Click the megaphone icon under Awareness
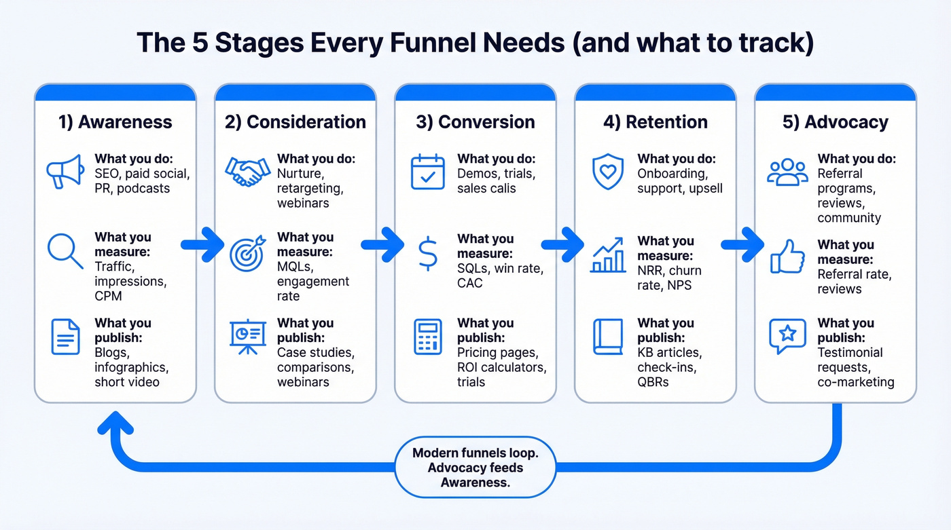click(x=65, y=172)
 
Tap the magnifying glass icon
click(x=65, y=250)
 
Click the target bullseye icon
click(x=246, y=254)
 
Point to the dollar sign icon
click(x=427, y=254)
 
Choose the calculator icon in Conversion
click(x=427, y=337)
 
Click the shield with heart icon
click(x=608, y=171)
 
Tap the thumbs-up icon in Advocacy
click(x=787, y=257)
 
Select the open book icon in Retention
click(x=608, y=337)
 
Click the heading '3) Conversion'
click(x=475, y=122)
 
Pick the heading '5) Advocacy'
click(x=835, y=122)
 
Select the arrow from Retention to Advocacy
click(x=743, y=243)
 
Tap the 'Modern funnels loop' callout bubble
click(x=475, y=468)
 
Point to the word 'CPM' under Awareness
click(x=109, y=297)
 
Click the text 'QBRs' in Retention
click(x=653, y=382)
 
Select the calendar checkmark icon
click(x=427, y=172)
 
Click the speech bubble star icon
click(x=787, y=336)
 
